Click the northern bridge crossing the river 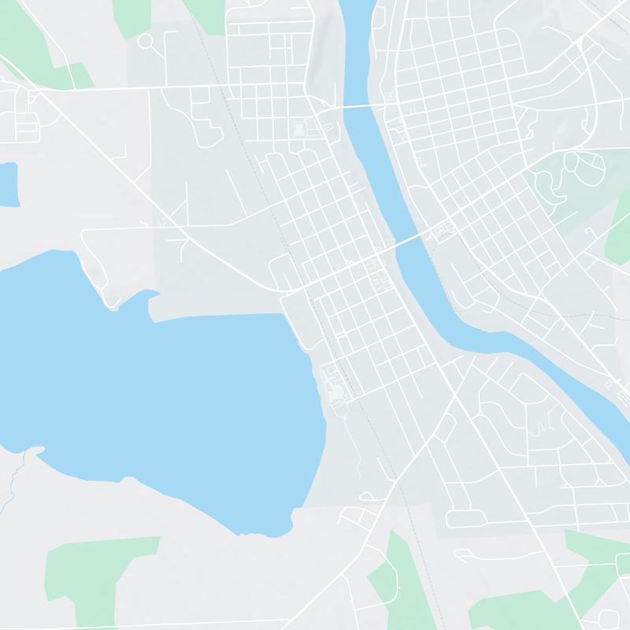tap(358, 106)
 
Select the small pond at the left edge tap(8, 183)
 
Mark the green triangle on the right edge tap(620, 236)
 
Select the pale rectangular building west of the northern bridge tap(299, 128)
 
